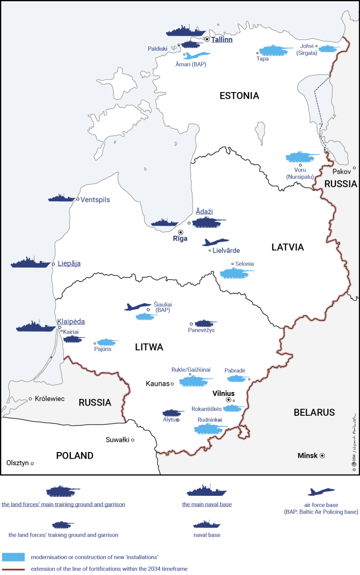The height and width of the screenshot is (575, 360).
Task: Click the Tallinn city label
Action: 222,39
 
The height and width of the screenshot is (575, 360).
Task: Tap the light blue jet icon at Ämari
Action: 197,55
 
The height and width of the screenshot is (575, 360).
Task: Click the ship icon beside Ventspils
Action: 62,198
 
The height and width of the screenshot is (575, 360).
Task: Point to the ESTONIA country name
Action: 239,96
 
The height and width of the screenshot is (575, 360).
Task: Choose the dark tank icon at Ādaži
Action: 208,222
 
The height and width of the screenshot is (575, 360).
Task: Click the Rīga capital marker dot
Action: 180,232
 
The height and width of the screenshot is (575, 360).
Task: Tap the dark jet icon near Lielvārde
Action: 215,242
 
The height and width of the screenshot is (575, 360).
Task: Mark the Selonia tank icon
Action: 237,273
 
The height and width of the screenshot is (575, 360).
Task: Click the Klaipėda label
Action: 71,322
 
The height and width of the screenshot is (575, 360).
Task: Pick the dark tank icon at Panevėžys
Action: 206,323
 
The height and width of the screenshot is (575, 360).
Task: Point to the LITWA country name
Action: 149,347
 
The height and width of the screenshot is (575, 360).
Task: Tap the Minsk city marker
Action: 322,456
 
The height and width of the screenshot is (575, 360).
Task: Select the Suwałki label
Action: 117,440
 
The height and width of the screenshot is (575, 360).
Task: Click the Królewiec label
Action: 49,399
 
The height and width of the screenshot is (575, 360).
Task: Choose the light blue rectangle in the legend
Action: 13,556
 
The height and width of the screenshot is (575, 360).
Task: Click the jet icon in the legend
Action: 321,492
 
